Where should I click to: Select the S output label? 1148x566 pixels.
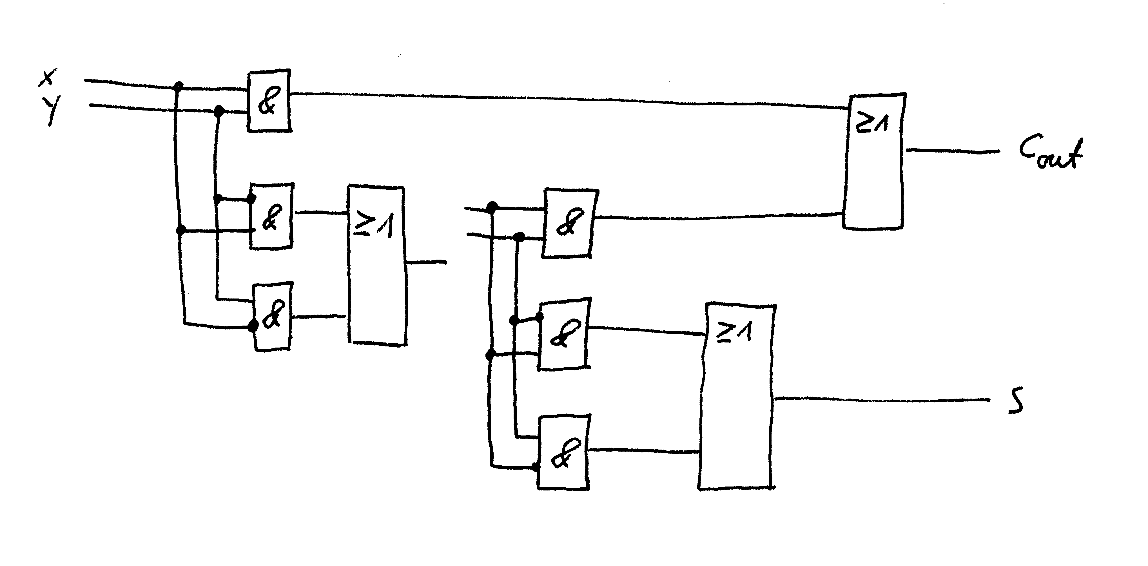coord(1016,400)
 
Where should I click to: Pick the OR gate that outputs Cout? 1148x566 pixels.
coord(873,162)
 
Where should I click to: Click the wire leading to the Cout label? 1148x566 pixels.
coord(953,151)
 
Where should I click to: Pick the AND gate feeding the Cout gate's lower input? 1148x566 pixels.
coord(570,224)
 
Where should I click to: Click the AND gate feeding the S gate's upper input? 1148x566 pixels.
coord(564,334)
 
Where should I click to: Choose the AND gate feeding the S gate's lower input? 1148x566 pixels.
coord(564,453)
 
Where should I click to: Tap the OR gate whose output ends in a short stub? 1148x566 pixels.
coord(377,265)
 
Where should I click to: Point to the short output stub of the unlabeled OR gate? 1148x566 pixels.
coord(427,262)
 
